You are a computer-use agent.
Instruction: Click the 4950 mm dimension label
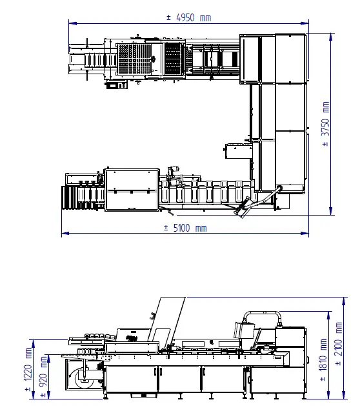tap(189, 18)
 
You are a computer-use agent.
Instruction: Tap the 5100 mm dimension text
tap(185, 228)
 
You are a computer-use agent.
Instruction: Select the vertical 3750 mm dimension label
tap(326, 124)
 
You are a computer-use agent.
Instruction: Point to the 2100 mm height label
tap(339, 344)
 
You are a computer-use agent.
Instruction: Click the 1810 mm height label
tap(323, 360)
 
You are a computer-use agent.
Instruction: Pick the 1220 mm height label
tap(28, 369)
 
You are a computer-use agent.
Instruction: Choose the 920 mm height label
tap(44, 376)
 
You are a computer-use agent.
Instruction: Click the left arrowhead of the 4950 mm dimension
tap(72, 23)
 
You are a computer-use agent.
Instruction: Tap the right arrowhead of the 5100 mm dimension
tap(305, 233)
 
